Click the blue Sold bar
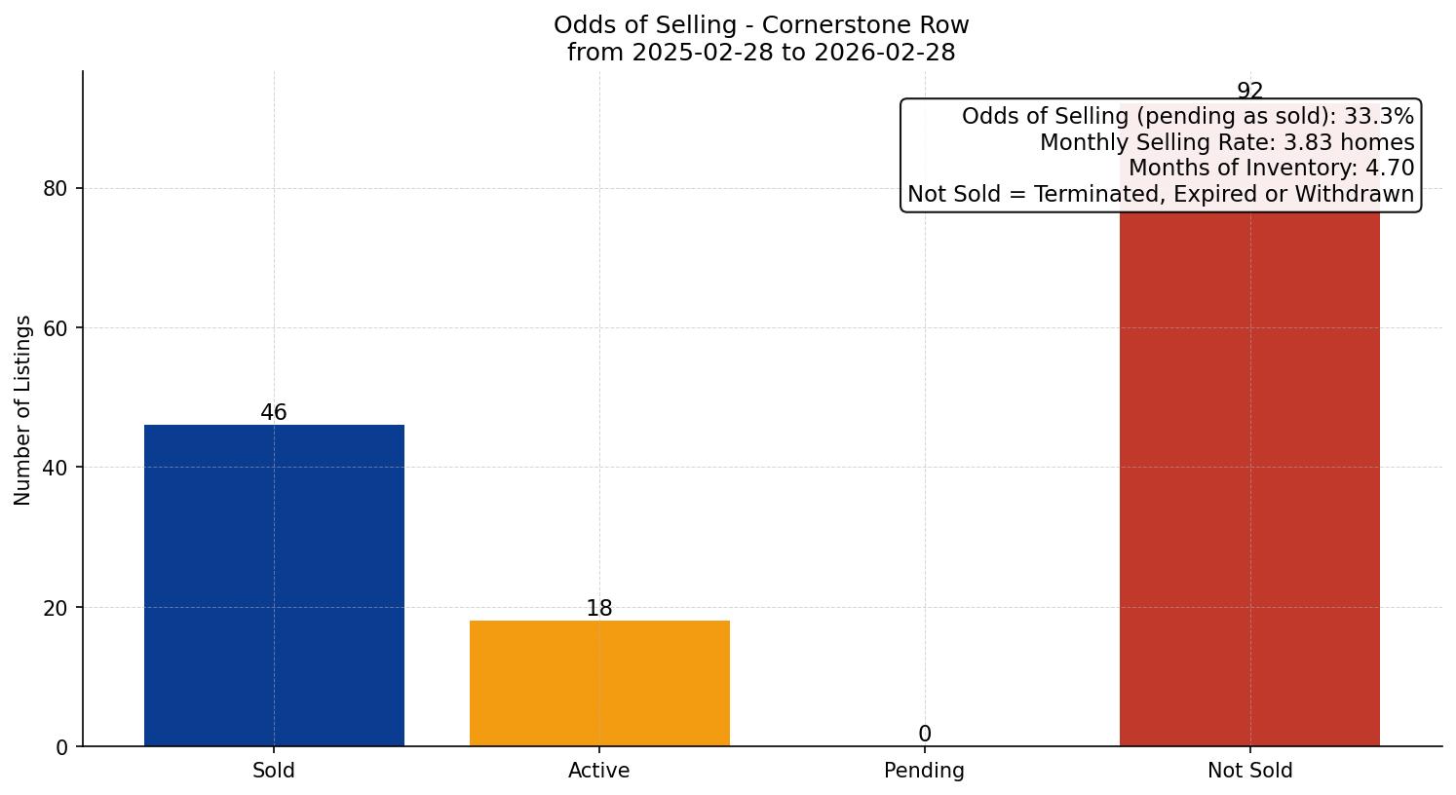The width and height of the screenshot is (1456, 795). coord(274,585)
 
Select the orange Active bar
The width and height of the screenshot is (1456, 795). coord(599,683)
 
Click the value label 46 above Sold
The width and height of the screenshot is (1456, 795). coord(274,412)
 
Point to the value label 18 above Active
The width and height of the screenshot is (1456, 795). coord(599,608)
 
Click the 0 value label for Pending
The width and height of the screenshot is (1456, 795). coord(924,734)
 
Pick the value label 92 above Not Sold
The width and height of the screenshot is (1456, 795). coord(1249,92)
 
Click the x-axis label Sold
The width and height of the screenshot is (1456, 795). coord(274,771)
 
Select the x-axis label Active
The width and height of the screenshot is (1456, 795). coord(599,771)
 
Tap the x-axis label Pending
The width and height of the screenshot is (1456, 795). coord(924,771)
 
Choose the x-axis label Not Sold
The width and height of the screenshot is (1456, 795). coord(1249,771)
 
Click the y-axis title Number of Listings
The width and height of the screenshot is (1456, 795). coord(23,409)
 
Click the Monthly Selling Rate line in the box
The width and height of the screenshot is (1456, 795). coord(1226,142)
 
